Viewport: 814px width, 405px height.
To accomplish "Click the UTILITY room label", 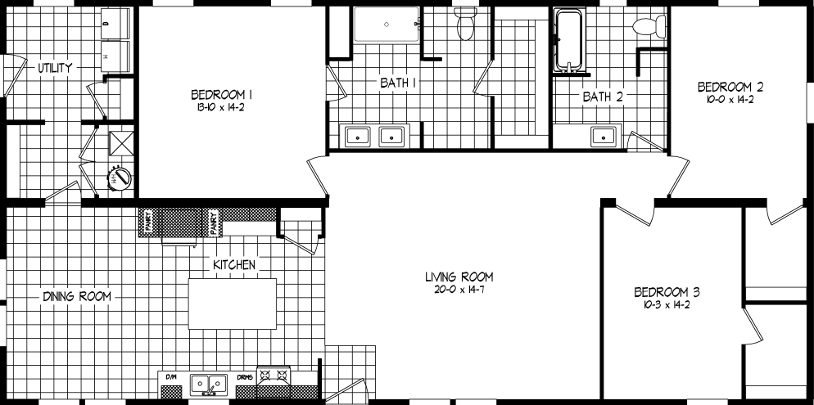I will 55,68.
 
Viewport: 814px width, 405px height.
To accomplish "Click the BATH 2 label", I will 603,97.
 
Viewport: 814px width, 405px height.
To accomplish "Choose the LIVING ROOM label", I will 459,277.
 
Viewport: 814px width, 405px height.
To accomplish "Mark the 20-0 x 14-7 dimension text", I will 459,290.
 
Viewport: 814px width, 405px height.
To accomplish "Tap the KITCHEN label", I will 235,265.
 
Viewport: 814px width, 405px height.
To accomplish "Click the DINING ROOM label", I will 77,296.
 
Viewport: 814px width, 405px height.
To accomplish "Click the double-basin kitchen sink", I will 209,383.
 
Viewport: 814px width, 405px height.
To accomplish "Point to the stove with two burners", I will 275,377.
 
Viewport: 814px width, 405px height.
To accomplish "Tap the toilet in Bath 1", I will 467,25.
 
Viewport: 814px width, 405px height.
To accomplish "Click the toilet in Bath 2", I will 647,26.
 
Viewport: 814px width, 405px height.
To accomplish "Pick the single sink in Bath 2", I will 604,137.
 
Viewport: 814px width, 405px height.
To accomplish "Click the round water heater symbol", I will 120,178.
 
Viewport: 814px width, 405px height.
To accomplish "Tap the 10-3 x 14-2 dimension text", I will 666,305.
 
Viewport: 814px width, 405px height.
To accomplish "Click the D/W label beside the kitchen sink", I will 171,376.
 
